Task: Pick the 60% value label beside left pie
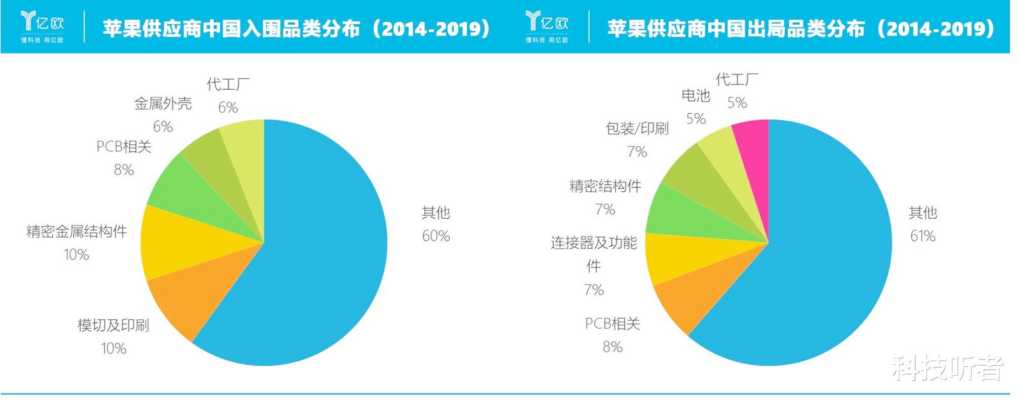click(x=436, y=236)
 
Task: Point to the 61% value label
click(x=923, y=236)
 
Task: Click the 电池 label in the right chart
click(x=695, y=95)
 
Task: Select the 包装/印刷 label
click(x=637, y=128)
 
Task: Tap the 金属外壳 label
click(x=163, y=103)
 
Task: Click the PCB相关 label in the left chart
click(x=124, y=146)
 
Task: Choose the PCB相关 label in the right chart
click(x=612, y=324)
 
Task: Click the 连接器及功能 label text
click(x=594, y=243)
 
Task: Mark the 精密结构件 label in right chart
click(x=605, y=186)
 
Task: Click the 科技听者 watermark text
click(x=947, y=368)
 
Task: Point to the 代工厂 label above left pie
click(x=228, y=84)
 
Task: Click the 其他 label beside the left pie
click(x=436, y=212)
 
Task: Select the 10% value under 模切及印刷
click(x=114, y=348)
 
